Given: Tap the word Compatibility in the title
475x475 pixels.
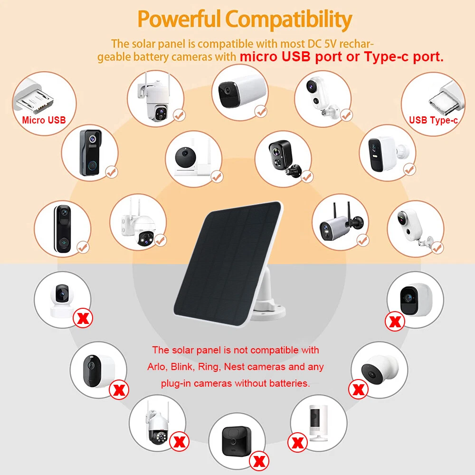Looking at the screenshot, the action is click(x=289, y=20).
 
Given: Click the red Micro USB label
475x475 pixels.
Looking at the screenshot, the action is click(x=44, y=120).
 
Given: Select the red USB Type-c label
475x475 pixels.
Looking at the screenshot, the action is click(x=433, y=120).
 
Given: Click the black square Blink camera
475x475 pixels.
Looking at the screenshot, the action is click(x=236, y=440).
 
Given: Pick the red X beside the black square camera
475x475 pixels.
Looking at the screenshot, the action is click(x=259, y=461).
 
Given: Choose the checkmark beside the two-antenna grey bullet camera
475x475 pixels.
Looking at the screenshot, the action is click(x=362, y=240).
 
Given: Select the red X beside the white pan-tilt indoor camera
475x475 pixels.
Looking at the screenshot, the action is click(x=83, y=318).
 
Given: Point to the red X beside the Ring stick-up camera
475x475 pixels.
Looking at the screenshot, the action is click(x=297, y=442).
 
